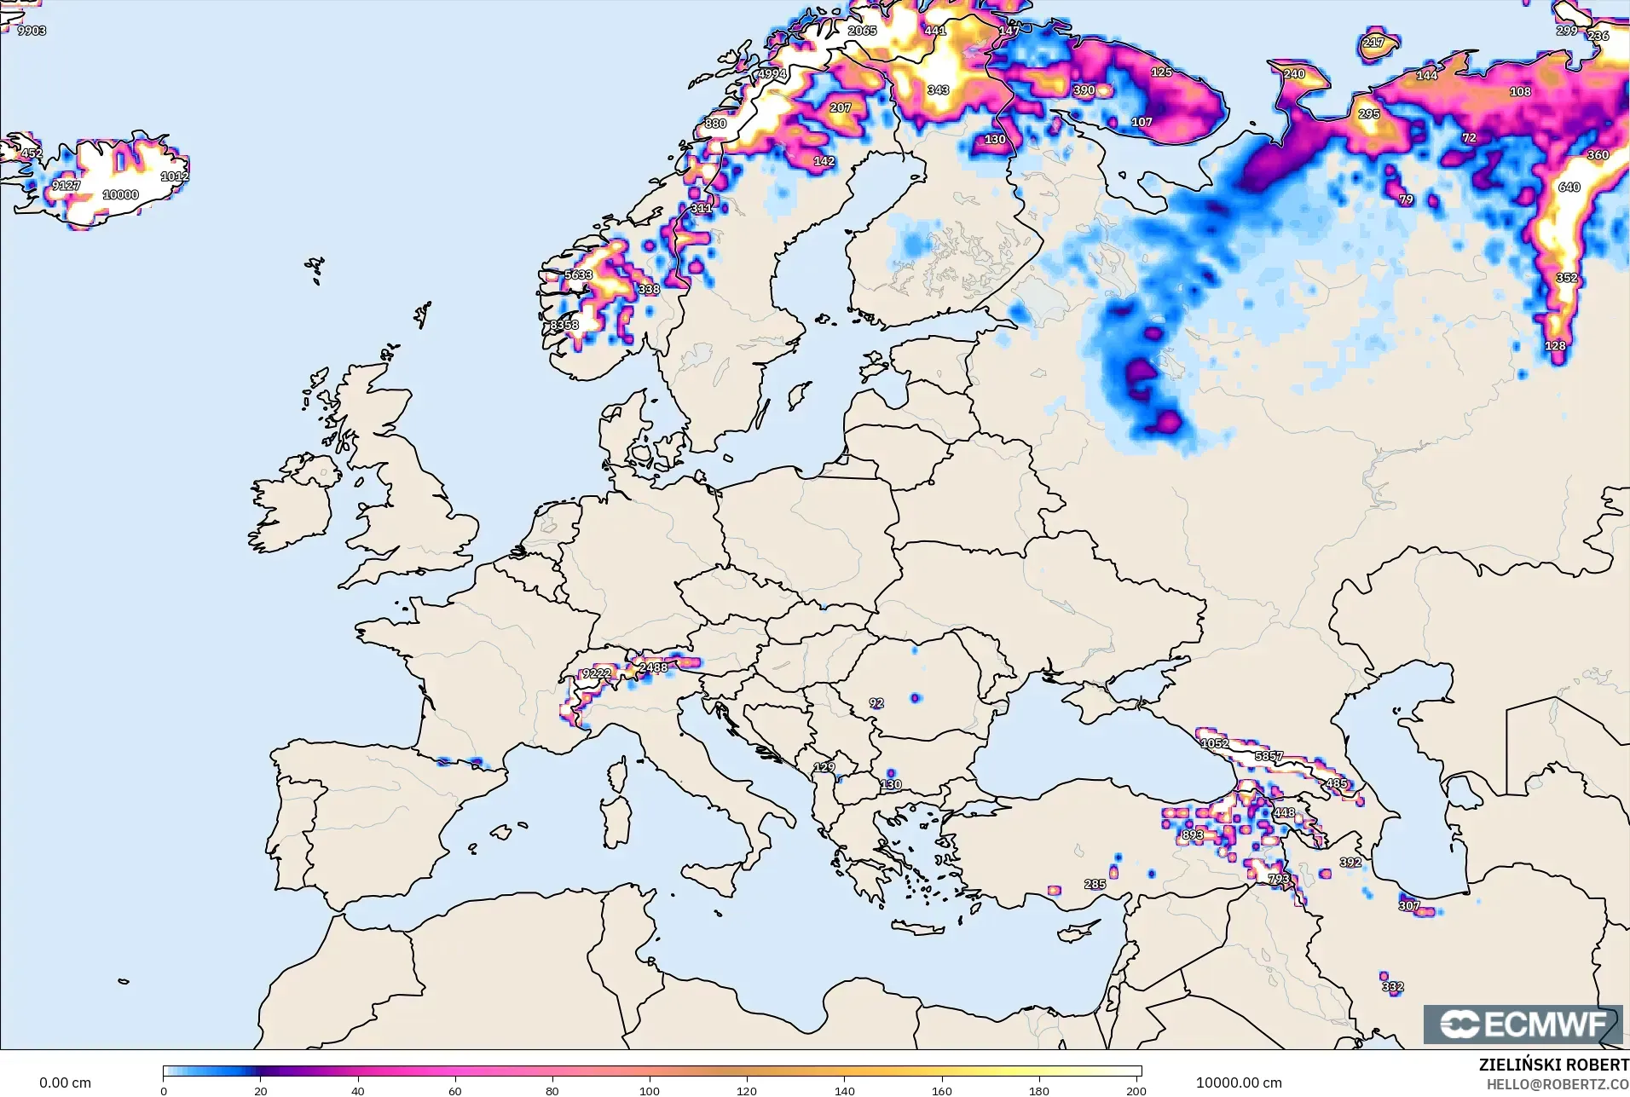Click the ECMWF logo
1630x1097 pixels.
point(1523,1024)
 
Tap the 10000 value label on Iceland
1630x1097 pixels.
point(120,194)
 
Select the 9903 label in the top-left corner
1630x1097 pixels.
point(32,31)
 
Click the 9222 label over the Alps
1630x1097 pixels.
point(596,673)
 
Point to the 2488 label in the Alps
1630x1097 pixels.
point(653,667)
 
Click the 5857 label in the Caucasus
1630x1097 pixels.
point(1269,756)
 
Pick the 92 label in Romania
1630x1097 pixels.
point(876,703)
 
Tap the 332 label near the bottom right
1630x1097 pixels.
point(1392,986)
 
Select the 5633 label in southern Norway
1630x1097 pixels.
point(578,274)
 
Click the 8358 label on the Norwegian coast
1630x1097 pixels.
point(564,325)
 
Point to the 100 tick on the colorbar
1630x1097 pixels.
point(650,1090)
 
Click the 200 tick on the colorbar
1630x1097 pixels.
point(1136,1090)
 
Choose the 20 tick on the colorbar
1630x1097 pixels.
point(261,1090)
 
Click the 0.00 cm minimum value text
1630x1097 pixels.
point(65,1083)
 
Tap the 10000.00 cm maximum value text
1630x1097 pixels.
point(1238,1083)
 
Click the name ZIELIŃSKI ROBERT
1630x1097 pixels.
point(1553,1065)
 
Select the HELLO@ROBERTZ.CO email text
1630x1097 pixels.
point(1558,1084)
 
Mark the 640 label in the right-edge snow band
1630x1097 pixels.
point(1569,187)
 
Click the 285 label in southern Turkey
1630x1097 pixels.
point(1095,884)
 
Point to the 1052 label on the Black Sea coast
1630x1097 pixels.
point(1214,743)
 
